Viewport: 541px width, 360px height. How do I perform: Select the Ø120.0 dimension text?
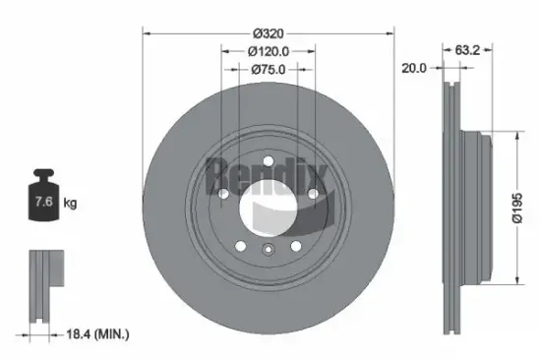point(268,50)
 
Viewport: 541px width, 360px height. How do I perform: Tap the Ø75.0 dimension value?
point(268,69)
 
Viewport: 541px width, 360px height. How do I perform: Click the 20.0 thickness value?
point(414,69)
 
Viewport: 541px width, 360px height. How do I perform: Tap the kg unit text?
point(72,204)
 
